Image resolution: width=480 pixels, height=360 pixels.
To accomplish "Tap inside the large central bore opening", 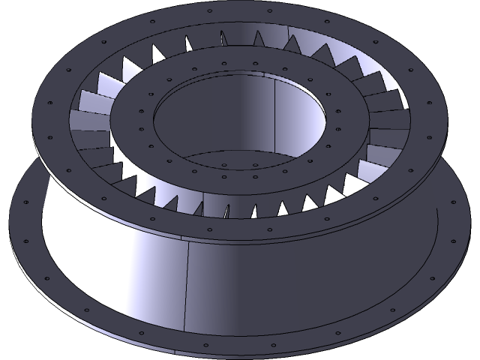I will (x=225, y=120).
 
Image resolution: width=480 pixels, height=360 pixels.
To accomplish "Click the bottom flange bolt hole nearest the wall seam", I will (x=201, y=344).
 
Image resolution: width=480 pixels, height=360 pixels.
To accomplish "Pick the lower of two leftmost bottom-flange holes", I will (x=26, y=241).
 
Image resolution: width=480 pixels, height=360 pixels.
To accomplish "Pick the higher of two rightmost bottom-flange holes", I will (x=454, y=201).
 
